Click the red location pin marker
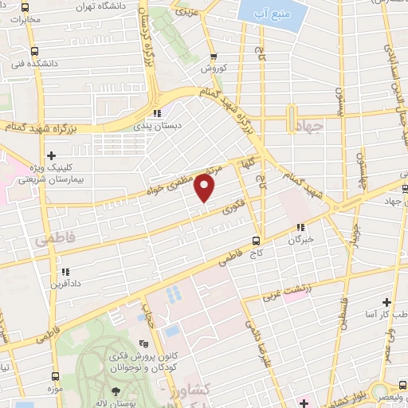tap(205, 189)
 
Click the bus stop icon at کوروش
tap(214, 57)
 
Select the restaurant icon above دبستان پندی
tap(157, 112)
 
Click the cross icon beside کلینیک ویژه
tap(52, 155)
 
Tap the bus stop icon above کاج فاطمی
tap(256, 240)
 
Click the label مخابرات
tap(25, 18)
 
